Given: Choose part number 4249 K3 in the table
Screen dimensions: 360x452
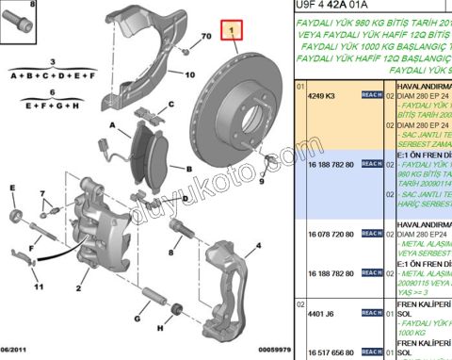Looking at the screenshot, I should click(326, 96).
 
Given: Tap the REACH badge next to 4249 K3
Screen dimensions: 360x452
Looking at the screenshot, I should click(370, 96).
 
